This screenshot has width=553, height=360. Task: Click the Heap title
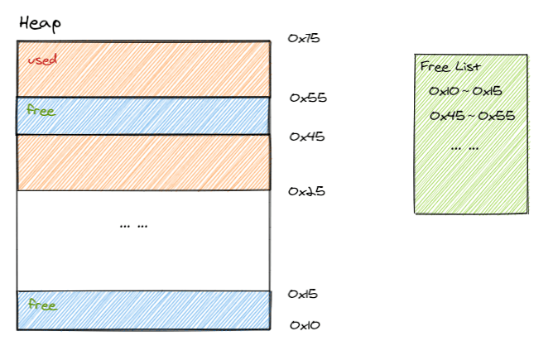39,25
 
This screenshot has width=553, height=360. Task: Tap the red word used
41,60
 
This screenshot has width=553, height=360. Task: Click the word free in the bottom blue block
41,305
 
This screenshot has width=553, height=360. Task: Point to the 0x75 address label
304,38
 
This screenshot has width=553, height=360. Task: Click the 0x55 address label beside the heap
308,98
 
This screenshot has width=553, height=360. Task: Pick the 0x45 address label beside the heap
306,137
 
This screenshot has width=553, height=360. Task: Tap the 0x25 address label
306,191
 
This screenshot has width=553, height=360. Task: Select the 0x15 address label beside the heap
303,294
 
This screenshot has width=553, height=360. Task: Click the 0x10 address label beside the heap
305,325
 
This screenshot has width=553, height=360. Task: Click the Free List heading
450,67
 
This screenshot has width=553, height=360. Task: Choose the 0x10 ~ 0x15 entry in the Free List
466,91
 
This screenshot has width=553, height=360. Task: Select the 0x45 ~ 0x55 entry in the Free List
473,116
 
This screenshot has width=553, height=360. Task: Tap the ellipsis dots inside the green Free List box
464,147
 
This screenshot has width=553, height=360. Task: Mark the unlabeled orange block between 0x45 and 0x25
143,162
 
